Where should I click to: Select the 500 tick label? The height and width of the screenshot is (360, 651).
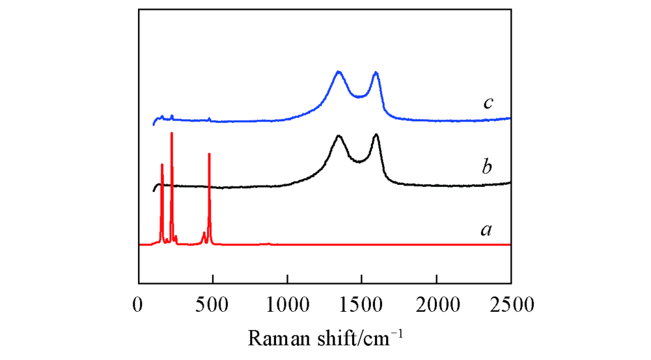(x=213, y=304)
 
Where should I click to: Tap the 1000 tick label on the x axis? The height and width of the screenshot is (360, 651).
(x=287, y=304)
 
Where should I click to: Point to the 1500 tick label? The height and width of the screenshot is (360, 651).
(x=362, y=304)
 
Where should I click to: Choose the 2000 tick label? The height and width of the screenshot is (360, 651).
(x=436, y=304)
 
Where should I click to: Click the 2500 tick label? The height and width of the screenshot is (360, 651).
(x=511, y=304)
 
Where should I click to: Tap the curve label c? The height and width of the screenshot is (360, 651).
(x=488, y=103)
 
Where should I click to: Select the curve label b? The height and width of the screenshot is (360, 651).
(x=486, y=167)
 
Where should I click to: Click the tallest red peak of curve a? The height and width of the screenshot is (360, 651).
(x=172, y=133)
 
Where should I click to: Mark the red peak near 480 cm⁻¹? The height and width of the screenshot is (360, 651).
(x=209, y=154)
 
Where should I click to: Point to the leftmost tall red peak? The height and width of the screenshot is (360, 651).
(x=162, y=165)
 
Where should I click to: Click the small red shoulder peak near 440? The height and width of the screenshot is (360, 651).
(x=204, y=233)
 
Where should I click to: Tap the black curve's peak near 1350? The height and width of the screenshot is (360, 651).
(x=339, y=135)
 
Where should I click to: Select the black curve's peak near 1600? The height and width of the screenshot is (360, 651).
(x=376, y=135)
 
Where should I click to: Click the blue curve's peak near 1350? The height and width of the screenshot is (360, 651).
(x=339, y=72)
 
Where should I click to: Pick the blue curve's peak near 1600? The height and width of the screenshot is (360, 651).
(x=376, y=73)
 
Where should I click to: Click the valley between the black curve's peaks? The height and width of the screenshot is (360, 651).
(x=358, y=161)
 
